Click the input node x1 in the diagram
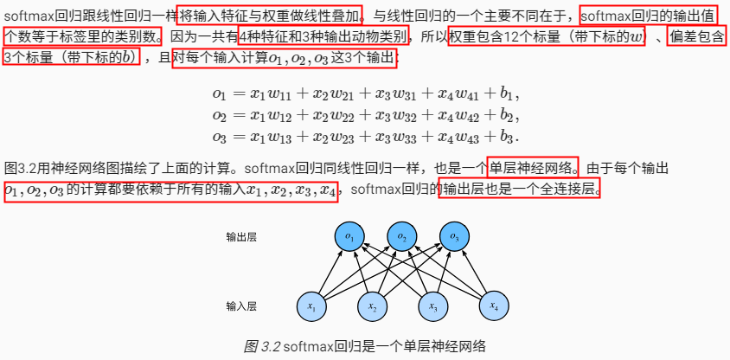pyautogui.click(x=313, y=307)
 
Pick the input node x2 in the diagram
pyautogui.click(x=373, y=307)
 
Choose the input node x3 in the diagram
pyautogui.click(x=432, y=307)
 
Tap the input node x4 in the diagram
pyautogui.click(x=493, y=307)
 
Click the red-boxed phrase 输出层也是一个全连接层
pyautogui.click(x=518, y=189)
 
